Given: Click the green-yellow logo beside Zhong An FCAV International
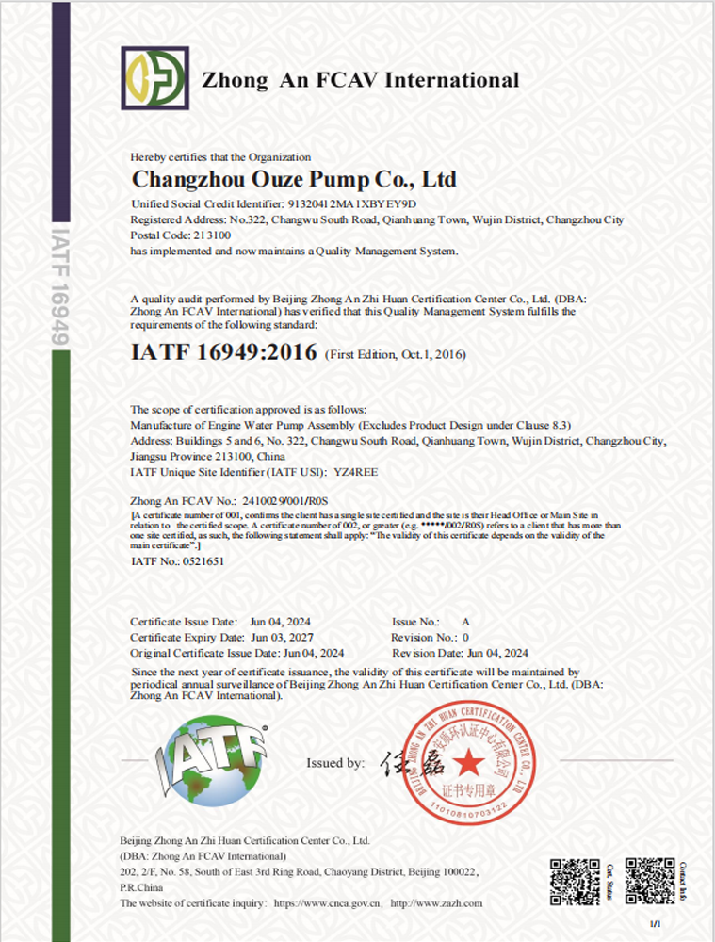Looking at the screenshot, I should [x=154, y=76].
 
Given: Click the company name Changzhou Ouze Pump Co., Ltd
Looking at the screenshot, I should [x=293, y=179].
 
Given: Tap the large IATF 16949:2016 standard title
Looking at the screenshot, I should [x=236, y=353].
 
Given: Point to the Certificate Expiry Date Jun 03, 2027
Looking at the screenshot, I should [x=280, y=638].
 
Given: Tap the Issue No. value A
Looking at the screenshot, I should [x=464, y=623].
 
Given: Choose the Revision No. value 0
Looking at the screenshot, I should [x=464, y=638].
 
